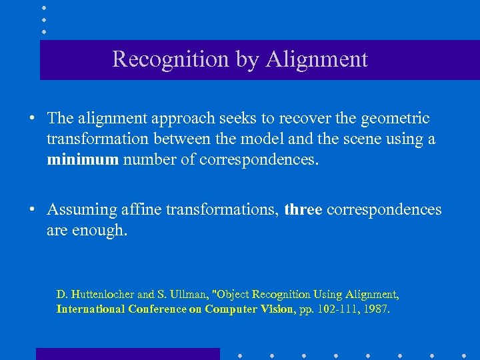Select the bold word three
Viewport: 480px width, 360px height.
point(303,210)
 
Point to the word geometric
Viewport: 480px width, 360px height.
point(395,119)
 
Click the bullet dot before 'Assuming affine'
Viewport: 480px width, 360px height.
point(32,211)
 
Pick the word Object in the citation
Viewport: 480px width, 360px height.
point(233,294)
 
